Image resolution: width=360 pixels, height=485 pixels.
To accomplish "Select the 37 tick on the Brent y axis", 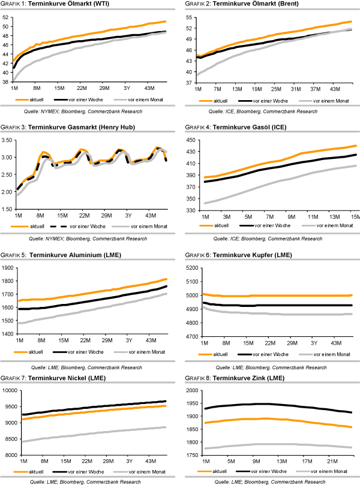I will tap(188, 82).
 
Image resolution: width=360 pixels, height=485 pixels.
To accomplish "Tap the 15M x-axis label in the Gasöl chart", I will tap(355, 216).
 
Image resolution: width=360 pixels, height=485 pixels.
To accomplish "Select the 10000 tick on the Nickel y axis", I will tap(10, 391).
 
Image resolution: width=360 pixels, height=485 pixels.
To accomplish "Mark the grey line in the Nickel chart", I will tap(90, 435).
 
